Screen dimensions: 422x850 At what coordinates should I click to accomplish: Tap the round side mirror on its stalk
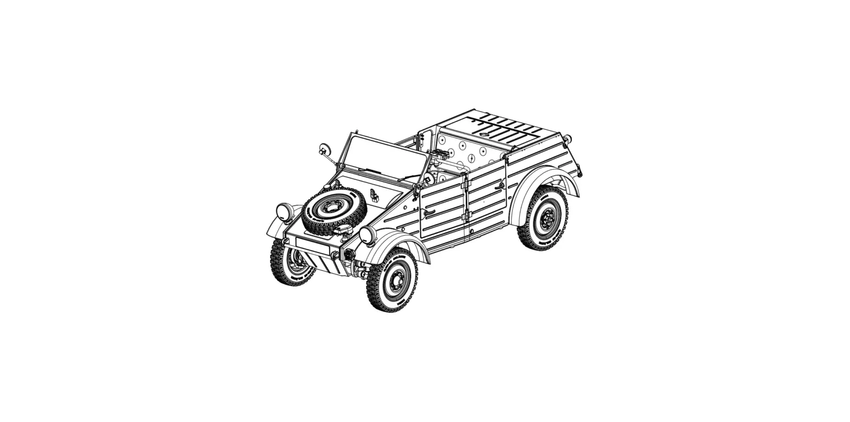324,150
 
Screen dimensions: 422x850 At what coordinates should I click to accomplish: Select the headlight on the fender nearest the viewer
367,235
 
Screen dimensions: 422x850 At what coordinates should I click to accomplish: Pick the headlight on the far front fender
284,212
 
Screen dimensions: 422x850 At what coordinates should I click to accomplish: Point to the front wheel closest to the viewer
392,280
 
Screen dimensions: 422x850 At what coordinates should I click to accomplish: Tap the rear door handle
499,186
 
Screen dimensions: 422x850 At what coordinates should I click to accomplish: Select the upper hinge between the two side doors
464,184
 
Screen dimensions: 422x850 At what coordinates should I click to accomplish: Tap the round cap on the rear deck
484,134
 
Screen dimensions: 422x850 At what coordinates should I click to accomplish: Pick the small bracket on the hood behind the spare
374,195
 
